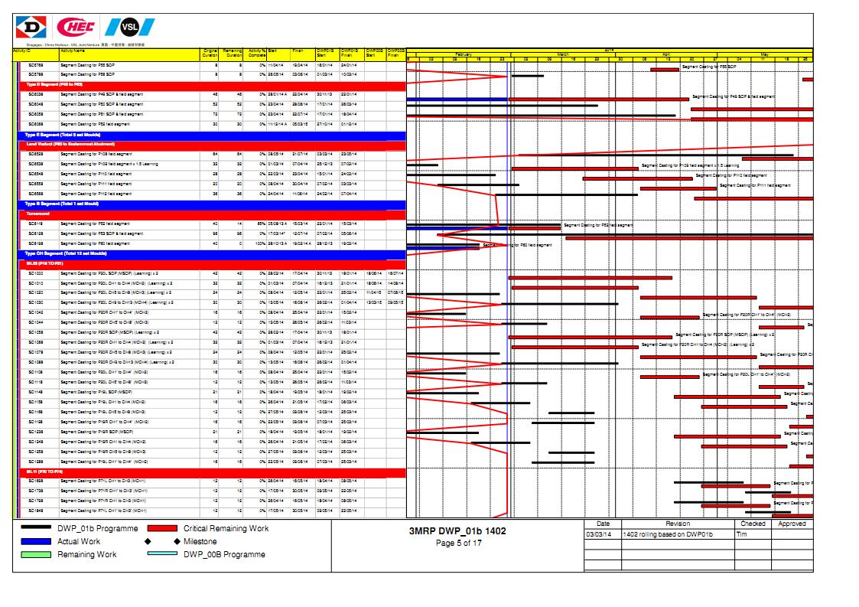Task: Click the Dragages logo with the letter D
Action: [31, 28]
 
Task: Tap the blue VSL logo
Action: [129, 28]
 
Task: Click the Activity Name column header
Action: [73, 51]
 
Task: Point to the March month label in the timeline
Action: [562, 54]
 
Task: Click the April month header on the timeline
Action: [665, 54]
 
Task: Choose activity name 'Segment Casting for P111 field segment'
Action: [96, 184]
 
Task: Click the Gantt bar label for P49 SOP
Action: [733, 96]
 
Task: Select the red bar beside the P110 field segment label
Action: [638, 178]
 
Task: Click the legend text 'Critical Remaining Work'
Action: [226, 528]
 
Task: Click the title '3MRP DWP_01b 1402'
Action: [457, 530]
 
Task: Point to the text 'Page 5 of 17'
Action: [457, 543]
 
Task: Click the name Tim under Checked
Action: [741, 534]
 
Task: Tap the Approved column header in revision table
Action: [792, 524]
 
